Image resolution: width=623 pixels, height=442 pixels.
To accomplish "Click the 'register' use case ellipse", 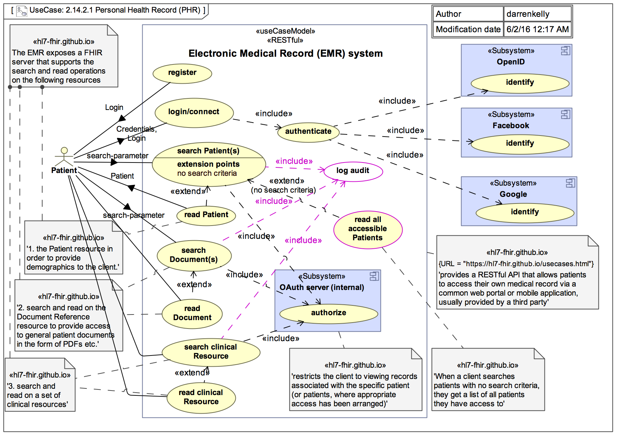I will tap(182, 73).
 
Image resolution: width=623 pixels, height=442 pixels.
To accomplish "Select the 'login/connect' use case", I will tap(194, 112).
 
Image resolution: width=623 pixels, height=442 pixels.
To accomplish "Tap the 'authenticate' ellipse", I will tap(308, 132).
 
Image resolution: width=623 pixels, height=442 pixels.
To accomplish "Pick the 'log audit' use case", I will tap(353, 171).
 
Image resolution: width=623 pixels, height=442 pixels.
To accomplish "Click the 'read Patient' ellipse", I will tap(206, 215).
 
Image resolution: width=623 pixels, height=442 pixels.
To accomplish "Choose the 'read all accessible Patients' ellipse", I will tap(368, 229).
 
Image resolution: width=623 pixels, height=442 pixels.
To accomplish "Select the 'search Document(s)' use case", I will tap(194, 255).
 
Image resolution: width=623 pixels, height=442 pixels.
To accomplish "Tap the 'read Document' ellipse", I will tap(192, 314).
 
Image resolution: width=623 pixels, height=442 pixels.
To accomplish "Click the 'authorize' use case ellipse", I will tap(328, 313).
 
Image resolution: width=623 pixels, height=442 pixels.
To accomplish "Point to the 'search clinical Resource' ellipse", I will tap(211, 352).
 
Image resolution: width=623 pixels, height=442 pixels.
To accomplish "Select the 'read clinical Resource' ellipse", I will tap(201, 398).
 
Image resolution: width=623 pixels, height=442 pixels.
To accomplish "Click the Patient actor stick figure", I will tap(64, 157).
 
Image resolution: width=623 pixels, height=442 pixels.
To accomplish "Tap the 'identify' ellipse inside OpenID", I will tap(520, 83).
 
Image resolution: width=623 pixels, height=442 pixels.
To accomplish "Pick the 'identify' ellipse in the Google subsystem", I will tap(525, 213).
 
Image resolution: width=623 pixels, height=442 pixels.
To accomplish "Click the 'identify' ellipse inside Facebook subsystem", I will tap(520, 144).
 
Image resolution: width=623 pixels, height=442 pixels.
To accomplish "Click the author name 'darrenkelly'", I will tap(528, 14).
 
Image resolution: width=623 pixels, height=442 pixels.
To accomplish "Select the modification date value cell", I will tap(537, 29).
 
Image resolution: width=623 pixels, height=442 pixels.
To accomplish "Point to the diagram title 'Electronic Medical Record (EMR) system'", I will tap(285, 54).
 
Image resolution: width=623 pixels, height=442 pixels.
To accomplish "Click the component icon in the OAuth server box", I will tap(374, 276).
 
